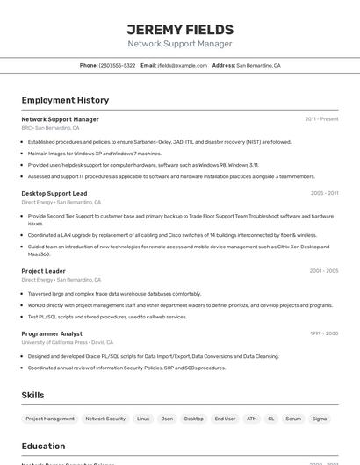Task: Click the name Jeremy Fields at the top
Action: [x=180, y=29]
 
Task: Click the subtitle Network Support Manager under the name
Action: [x=180, y=44]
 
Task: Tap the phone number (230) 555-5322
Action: [x=117, y=66]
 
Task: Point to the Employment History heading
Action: [x=65, y=100]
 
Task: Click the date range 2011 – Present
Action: [x=321, y=119]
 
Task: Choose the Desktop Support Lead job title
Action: [x=54, y=193]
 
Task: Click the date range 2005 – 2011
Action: [x=324, y=193]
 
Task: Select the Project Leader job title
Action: [x=44, y=271]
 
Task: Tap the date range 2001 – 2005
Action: [x=324, y=271]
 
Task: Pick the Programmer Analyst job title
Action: [x=52, y=333]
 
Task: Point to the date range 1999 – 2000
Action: [x=324, y=333]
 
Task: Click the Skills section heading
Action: [x=32, y=396]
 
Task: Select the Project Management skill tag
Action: [x=50, y=419]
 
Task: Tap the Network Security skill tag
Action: [x=105, y=419]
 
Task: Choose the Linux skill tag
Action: [x=143, y=419]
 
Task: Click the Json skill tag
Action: [x=167, y=419]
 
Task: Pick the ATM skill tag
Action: [x=252, y=419]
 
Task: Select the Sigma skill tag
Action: [x=320, y=419]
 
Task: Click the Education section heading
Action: [x=43, y=447]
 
